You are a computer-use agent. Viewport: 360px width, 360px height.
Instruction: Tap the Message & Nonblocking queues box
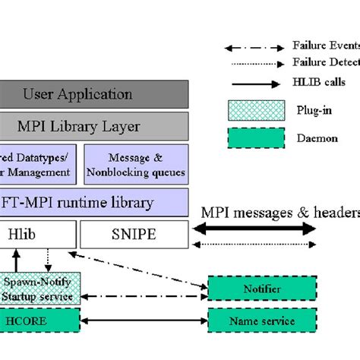[135, 165]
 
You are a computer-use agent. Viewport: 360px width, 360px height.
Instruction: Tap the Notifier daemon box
[261, 289]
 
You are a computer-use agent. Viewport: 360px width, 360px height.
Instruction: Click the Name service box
[261, 321]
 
